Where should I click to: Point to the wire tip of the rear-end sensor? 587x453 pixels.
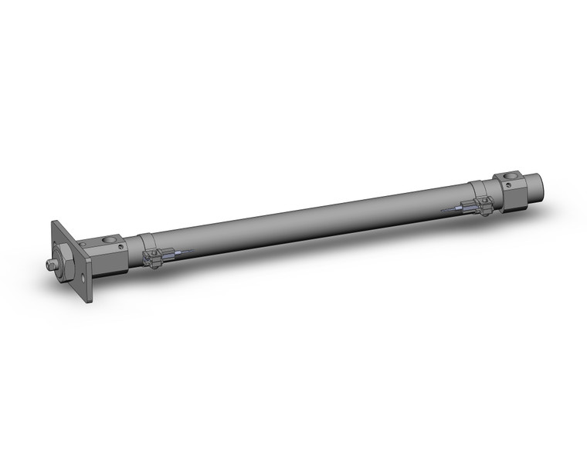tap(443, 211)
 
